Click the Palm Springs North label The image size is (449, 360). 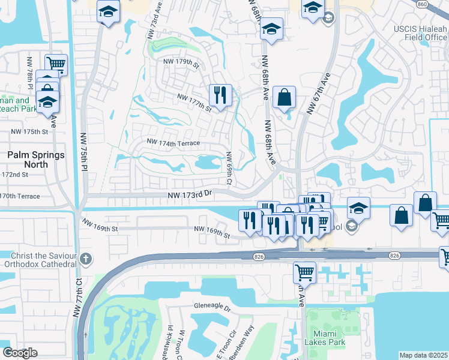coord(35,160)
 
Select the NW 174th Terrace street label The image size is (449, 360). coord(173,143)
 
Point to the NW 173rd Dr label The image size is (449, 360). coord(190,195)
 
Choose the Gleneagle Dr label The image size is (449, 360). coord(212,307)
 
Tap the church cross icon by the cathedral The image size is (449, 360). coord(86,259)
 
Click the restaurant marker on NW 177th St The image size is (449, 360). coord(220,95)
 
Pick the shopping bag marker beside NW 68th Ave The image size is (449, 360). coord(284,97)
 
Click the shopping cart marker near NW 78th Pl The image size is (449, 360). coord(56,63)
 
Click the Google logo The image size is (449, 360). coord(20,353)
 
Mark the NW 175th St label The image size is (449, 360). coord(29,131)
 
